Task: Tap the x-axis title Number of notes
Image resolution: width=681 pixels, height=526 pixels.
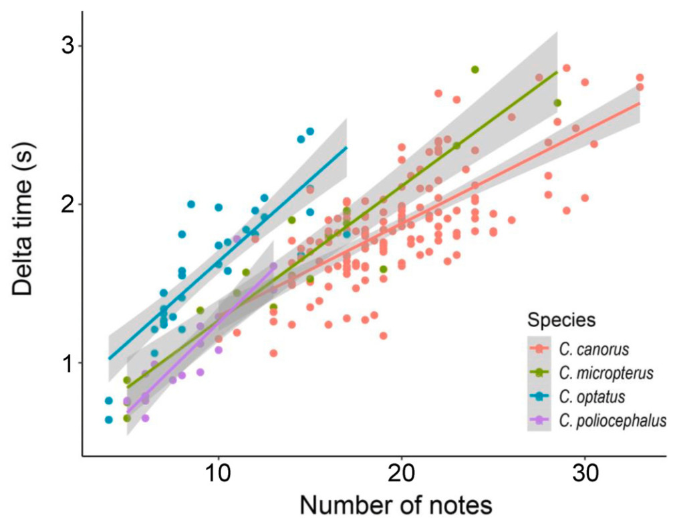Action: point(396,505)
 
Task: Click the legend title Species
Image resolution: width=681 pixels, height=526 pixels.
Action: point(561,320)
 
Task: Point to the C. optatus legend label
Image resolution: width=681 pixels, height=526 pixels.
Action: point(591,397)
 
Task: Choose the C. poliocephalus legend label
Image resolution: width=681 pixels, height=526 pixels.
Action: point(609,421)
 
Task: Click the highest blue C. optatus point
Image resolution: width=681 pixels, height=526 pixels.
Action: point(310,131)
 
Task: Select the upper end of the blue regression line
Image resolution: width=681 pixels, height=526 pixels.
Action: point(346,148)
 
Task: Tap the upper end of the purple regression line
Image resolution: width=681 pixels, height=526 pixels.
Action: point(273,266)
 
